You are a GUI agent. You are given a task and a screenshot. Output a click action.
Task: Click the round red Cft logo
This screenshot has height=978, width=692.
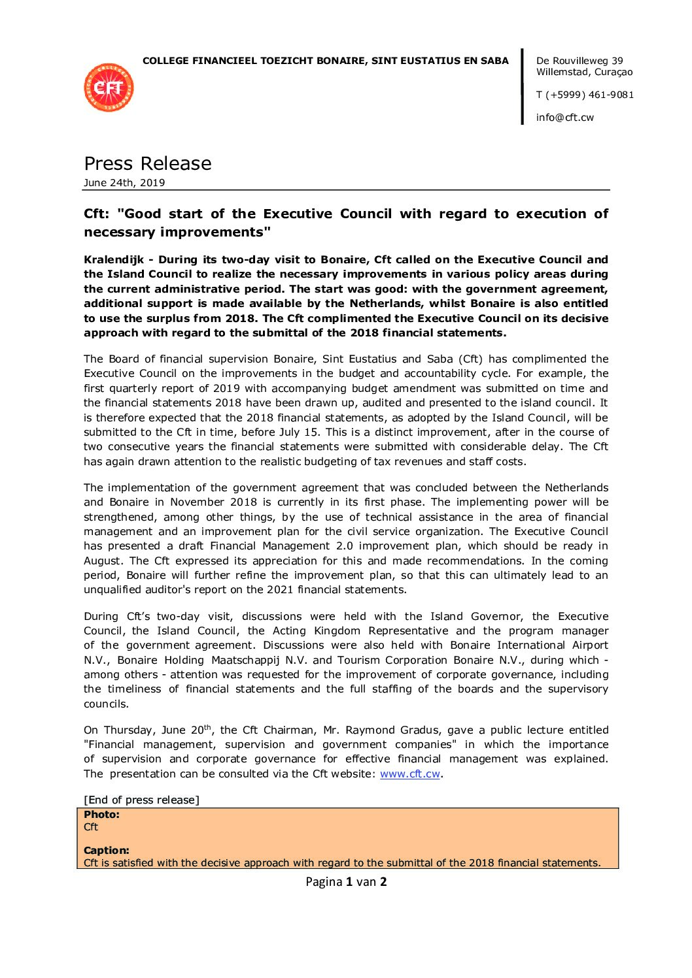pyautogui.click(x=109, y=88)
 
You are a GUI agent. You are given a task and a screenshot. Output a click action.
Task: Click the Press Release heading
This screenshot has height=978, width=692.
pyautogui.click(x=148, y=163)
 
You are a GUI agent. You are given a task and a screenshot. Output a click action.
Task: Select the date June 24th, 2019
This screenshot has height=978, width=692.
pyautogui.click(x=124, y=183)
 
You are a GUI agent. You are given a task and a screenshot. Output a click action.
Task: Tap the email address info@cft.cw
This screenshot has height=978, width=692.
pyautogui.click(x=565, y=118)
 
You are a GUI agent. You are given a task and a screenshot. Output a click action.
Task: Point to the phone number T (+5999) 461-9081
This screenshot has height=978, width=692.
pyautogui.click(x=585, y=95)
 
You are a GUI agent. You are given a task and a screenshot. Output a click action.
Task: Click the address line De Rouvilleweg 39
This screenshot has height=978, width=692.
pyautogui.click(x=580, y=61)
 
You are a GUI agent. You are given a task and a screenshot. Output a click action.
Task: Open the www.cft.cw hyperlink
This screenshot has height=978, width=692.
pyautogui.click(x=410, y=774)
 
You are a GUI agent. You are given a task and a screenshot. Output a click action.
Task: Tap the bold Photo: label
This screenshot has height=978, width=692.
pyautogui.click(x=101, y=815)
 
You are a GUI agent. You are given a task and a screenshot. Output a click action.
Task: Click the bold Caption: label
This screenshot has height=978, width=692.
pyautogui.click(x=107, y=851)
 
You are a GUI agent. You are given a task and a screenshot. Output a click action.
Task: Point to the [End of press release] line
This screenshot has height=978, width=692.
pyautogui.click(x=141, y=800)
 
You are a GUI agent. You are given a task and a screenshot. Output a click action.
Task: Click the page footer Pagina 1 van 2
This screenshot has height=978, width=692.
pyautogui.click(x=346, y=882)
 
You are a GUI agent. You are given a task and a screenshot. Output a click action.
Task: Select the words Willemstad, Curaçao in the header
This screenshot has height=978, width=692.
pyautogui.click(x=584, y=72)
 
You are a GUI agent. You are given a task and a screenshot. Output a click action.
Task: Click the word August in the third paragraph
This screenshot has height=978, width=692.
pyautogui.click(x=103, y=561)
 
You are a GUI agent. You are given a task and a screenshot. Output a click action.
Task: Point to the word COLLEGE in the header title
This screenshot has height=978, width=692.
pyautogui.click(x=166, y=61)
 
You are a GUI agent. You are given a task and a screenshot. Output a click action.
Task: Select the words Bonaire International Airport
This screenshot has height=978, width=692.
pyautogui.click(x=529, y=645)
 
